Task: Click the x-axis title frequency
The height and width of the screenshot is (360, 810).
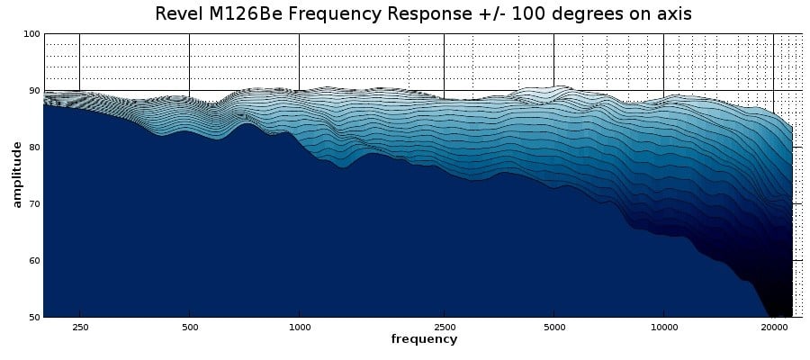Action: click(x=424, y=339)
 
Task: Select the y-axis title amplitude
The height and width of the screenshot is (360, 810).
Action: click(x=16, y=175)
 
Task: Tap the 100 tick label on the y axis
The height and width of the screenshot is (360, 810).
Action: click(x=31, y=34)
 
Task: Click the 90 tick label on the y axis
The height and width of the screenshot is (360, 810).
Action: click(x=34, y=91)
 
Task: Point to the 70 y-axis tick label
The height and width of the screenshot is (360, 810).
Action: click(x=34, y=204)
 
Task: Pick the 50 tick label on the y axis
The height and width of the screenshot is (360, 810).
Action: click(x=34, y=317)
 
